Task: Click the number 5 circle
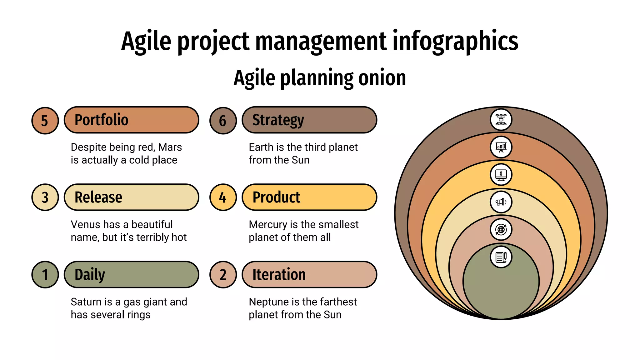[x=45, y=121]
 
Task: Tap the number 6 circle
[x=223, y=121]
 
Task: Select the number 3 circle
[x=45, y=197]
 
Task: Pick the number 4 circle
[x=223, y=197]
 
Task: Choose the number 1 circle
[x=45, y=275]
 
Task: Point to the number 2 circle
[x=223, y=275]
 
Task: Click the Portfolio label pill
[x=131, y=120]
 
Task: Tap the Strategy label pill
[x=309, y=120]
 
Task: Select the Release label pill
[x=131, y=197]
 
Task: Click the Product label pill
[x=309, y=197]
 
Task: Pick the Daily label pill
[x=131, y=274]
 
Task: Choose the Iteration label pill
[x=309, y=274]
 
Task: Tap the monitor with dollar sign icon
[x=501, y=175]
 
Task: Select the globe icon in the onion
[x=501, y=230]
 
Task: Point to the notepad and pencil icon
[x=501, y=257]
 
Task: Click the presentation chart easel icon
[x=501, y=147]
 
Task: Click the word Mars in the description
[x=170, y=147]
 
